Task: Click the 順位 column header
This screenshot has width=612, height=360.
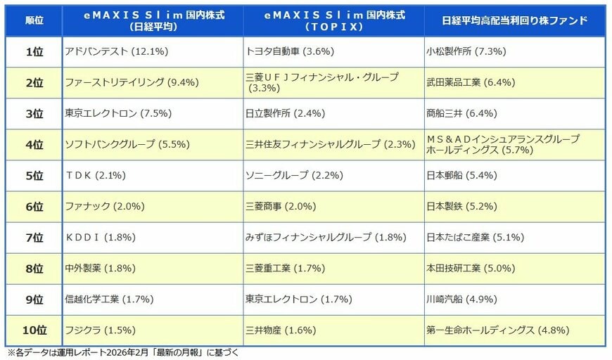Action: click(33, 20)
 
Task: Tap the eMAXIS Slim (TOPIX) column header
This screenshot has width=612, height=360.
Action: click(333, 20)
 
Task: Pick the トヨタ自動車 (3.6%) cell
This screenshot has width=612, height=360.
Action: click(290, 52)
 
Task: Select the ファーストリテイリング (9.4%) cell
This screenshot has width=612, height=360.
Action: click(132, 82)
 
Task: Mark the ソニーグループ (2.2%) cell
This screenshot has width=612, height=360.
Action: click(289, 175)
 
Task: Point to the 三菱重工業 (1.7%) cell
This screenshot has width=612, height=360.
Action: click(285, 268)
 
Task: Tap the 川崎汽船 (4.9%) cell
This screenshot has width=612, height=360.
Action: click(461, 299)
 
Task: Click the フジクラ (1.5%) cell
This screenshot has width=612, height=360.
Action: click(99, 330)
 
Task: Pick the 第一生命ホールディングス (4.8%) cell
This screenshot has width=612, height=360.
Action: click(497, 330)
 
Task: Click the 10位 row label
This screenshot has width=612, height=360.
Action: click(33, 330)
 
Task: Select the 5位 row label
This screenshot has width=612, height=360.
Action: click(33, 175)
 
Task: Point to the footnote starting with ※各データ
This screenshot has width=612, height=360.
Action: click(123, 353)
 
